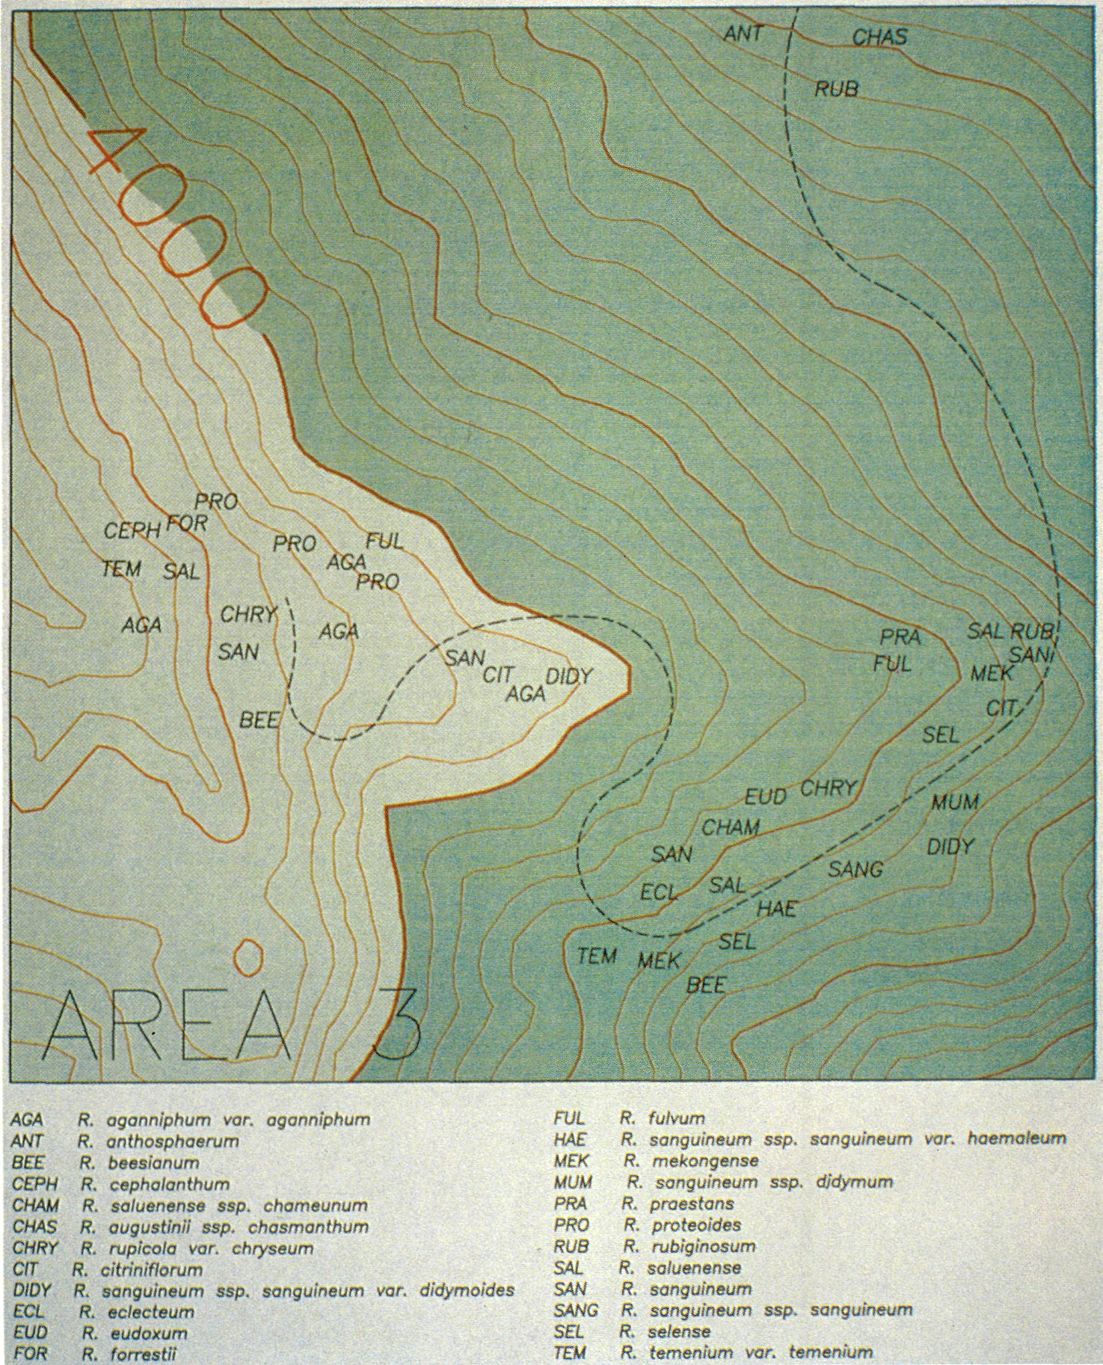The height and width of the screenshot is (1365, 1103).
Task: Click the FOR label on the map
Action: click(x=186, y=522)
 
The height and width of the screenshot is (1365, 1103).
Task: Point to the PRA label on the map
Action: click(x=900, y=637)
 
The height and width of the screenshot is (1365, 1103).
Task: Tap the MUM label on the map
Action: click(x=954, y=803)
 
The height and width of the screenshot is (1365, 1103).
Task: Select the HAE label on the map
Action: click(x=777, y=909)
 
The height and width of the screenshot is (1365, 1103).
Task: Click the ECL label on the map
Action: click(x=659, y=892)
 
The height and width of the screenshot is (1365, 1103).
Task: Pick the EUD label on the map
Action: click(x=765, y=797)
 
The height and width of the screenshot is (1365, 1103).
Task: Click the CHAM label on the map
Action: click(x=730, y=827)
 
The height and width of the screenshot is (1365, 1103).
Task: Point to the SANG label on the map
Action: click(x=855, y=869)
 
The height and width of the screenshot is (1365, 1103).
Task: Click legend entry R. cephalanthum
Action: click(x=154, y=1185)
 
